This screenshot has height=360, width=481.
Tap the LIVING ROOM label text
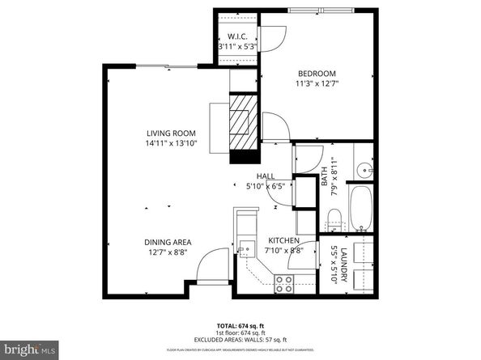171,133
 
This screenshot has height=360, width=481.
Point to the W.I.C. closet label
236,36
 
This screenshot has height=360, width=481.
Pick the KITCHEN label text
283,241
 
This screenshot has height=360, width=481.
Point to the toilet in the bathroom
333,216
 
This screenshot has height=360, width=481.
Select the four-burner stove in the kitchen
284,282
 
